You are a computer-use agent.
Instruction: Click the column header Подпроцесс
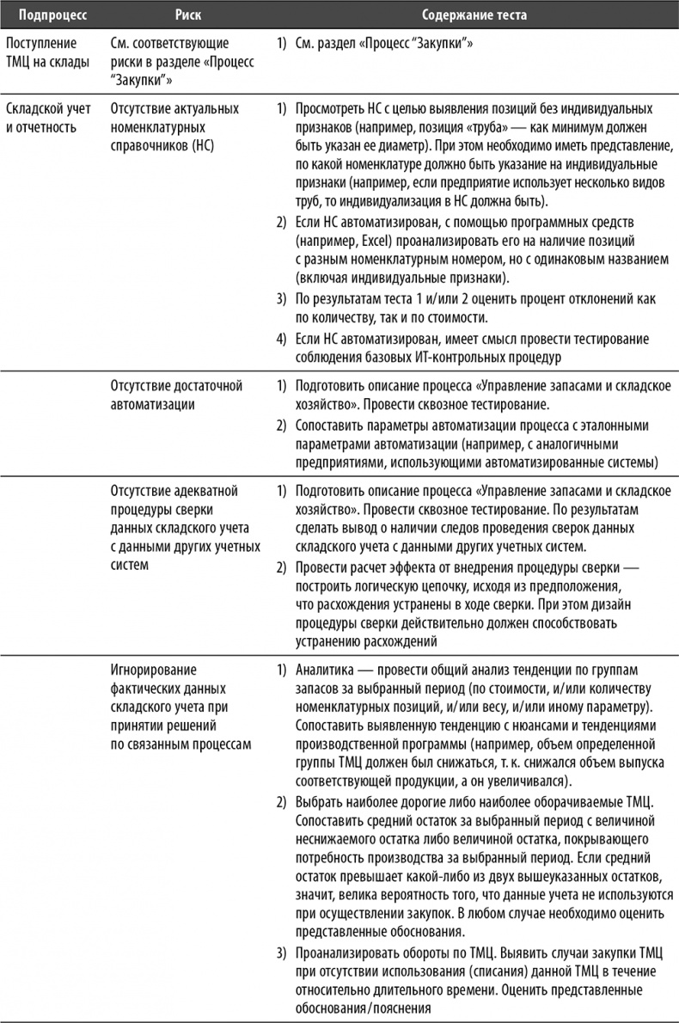tap(46, 14)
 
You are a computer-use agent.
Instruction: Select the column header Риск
tap(188, 14)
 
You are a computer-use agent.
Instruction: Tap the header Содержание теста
tap(474, 14)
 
